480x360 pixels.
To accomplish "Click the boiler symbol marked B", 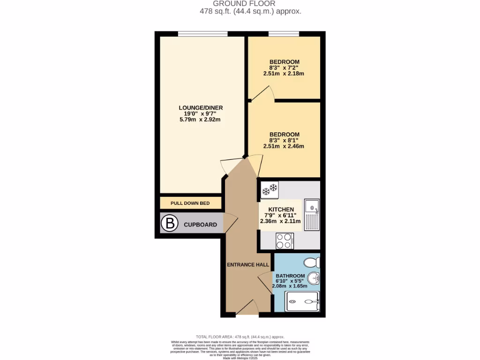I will click(x=170, y=224).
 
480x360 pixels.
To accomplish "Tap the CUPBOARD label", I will click(x=200, y=225).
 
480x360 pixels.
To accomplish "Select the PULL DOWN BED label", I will click(x=190, y=203).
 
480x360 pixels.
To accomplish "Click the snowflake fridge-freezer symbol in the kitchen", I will click(x=270, y=189).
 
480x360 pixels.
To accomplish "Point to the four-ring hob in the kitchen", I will click(x=284, y=241).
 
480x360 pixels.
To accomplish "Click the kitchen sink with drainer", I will click(x=312, y=214).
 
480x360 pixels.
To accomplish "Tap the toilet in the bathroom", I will click(x=311, y=262).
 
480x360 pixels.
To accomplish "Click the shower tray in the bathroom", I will click(x=303, y=301).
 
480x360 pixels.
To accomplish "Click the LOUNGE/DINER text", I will click(x=201, y=108).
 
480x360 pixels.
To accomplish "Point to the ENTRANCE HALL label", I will click(x=248, y=265).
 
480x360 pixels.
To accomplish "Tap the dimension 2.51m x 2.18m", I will click(x=284, y=73).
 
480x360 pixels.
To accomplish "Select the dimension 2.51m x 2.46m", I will click(x=284, y=146).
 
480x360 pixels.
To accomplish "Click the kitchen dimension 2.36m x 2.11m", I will click(x=281, y=221).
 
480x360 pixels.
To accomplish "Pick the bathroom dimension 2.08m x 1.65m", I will click(x=291, y=285).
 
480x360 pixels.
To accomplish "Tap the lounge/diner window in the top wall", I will click(x=203, y=34).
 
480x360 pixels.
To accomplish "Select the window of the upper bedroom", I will click(x=284, y=34).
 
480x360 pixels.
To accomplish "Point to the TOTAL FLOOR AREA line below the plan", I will click(x=240, y=337).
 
